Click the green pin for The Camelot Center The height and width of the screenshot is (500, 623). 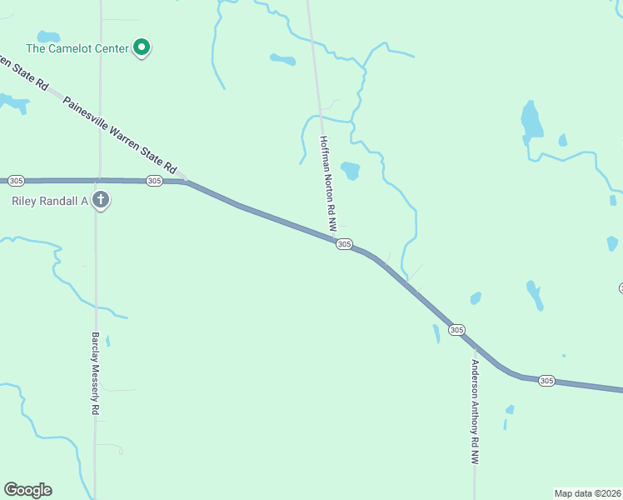click(x=142, y=47)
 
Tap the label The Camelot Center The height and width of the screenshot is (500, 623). click(x=77, y=48)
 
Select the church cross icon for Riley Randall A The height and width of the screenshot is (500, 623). click(x=101, y=200)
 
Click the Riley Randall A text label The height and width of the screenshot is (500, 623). click(x=49, y=201)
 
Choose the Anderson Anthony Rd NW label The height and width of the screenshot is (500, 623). click(x=475, y=411)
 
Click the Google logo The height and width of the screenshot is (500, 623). click(x=27, y=490)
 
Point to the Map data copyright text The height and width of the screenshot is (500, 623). click(x=588, y=492)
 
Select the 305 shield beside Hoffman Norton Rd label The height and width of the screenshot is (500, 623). click(x=344, y=244)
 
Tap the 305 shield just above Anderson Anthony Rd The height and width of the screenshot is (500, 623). click(x=456, y=330)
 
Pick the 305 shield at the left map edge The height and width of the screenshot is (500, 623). click(x=16, y=180)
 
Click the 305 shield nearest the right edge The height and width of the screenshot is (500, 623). click(x=546, y=380)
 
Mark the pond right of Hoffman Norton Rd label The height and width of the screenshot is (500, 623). click(x=351, y=171)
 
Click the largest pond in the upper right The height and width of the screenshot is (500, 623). click(x=531, y=122)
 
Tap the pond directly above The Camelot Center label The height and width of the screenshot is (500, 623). click(x=48, y=37)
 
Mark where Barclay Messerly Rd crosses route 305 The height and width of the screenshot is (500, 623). click(x=97, y=180)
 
